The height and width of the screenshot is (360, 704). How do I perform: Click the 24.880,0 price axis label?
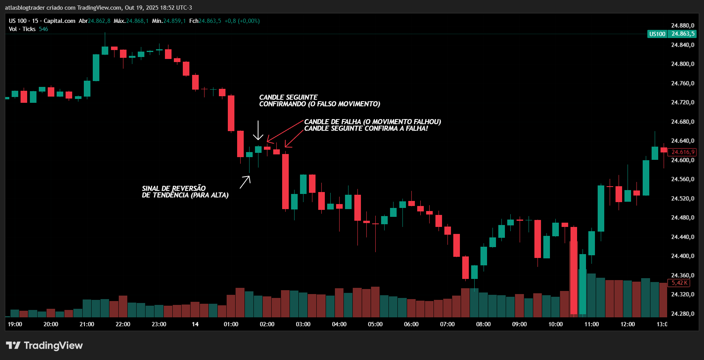click(682, 26)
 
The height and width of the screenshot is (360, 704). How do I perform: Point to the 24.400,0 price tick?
click(682, 256)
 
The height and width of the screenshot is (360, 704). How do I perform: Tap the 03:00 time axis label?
click(303, 324)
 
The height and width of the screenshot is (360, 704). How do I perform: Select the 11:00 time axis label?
click(591, 324)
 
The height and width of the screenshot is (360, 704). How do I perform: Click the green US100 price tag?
click(657, 34)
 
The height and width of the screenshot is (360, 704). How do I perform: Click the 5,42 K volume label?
click(679, 283)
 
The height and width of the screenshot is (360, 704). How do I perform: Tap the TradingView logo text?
click(53, 346)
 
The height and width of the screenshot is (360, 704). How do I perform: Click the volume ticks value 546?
click(43, 29)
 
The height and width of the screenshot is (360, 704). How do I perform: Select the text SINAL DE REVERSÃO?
click(173, 189)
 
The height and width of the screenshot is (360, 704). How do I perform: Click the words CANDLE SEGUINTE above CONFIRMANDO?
click(288, 97)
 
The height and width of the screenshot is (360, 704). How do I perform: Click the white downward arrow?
click(258, 131)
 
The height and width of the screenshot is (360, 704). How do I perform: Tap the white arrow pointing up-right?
click(245, 182)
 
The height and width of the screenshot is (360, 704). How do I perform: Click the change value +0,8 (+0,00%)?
click(242, 21)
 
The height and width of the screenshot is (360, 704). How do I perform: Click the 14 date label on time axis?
click(195, 324)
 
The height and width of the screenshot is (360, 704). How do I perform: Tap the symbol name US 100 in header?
click(18, 21)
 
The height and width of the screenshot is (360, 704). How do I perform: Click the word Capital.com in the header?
click(59, 21)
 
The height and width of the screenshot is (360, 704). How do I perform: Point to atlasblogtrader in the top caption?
click(24, 8)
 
